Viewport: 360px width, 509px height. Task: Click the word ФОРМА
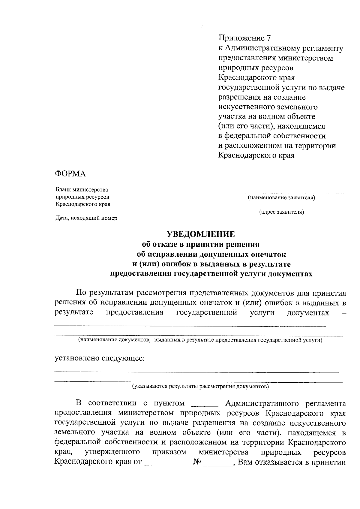(x=70, y=174)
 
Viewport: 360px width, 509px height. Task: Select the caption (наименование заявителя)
(x=281, y=198)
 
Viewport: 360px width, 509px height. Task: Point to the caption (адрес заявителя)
(x=281, y=212)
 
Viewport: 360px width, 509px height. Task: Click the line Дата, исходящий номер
(x=86, y=218)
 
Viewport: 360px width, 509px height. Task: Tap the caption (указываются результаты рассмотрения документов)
(x=201, y=386)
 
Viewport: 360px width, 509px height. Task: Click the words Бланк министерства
(x=82, y=190)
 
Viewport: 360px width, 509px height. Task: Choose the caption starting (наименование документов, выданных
(x=200, y=340)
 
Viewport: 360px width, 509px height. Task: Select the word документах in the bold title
(x=290, y=274)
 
